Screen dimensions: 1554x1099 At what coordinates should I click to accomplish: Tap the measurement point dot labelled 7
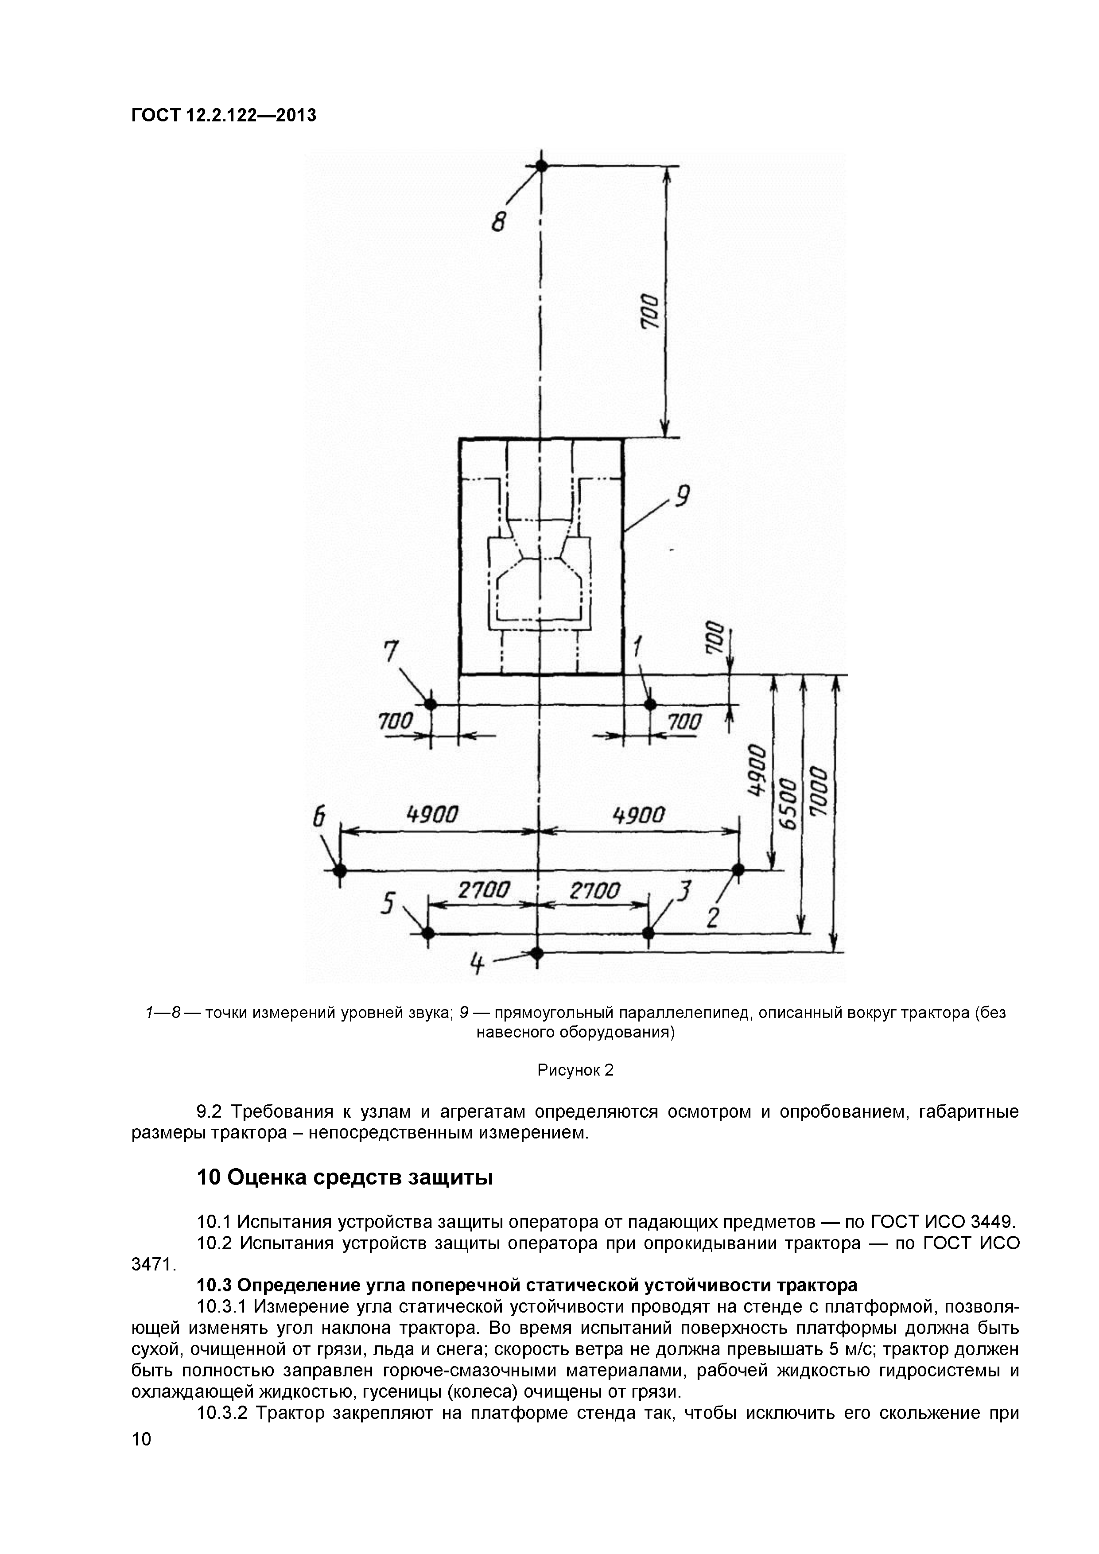pyautogui.click(x=430, y=705)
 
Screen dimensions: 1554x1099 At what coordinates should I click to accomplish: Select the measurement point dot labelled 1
pyautogui.click(x=650, y=705)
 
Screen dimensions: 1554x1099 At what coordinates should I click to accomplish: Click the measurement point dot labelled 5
pyautogui.click(x=428, y=933)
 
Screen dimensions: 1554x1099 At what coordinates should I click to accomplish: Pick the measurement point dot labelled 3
pyautogui.click(x=649, y=933)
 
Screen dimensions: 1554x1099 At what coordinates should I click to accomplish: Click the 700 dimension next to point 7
pyautogui.click(x=395, y=722)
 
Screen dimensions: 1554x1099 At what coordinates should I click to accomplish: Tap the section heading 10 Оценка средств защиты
pyautogui.click(x=345, y=1178)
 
